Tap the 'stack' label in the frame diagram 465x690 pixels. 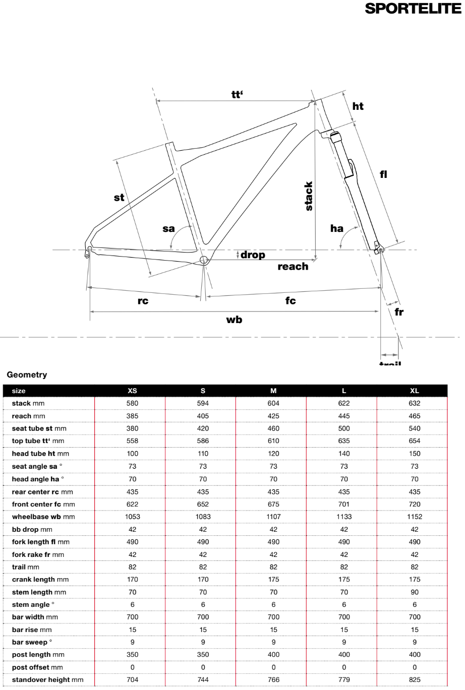point(309,197)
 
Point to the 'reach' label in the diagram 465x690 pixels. point(293,266)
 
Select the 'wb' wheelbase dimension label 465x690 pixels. point(234,319)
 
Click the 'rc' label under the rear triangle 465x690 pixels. point(143,301)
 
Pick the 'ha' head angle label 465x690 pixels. point(336,228)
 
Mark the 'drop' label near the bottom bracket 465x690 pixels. point(253,255)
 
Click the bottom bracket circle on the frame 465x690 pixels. point(204,260)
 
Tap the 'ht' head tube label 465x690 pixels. point(358,106)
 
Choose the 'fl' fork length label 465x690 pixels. point(383,174)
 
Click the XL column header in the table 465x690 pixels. point(415,391)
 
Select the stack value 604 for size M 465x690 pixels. point(274,403)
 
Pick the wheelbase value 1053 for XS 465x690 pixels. point(133,517)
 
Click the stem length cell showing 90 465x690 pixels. point(415,592)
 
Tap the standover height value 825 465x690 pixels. point(415,680)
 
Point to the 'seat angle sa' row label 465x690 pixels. point(38,466)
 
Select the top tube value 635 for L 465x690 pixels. point(344,441)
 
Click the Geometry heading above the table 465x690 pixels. point(27,374)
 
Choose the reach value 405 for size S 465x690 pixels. point(203,416)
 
